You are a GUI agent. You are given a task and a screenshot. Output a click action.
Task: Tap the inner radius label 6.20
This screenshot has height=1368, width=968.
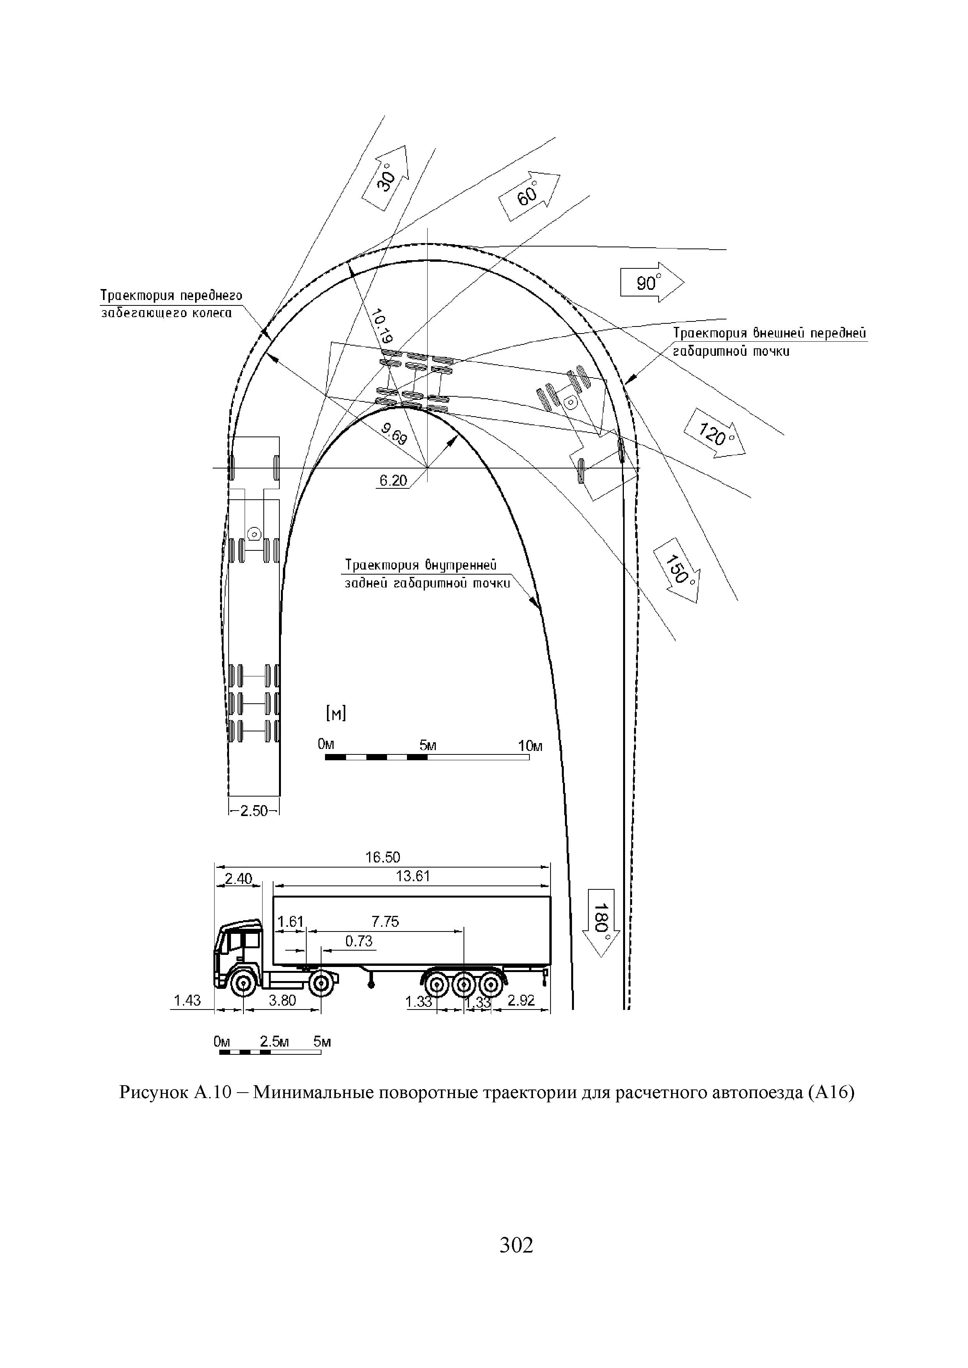(392, 480)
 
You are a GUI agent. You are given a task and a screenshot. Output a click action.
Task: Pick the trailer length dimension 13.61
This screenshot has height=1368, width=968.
(412, 876)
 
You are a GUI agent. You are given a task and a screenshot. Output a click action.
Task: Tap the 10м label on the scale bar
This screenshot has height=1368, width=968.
(530, 746)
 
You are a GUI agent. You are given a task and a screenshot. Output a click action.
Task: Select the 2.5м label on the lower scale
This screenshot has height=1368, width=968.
(274, 1042)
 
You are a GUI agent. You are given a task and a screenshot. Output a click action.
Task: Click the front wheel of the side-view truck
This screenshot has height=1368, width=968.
(244, 984)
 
